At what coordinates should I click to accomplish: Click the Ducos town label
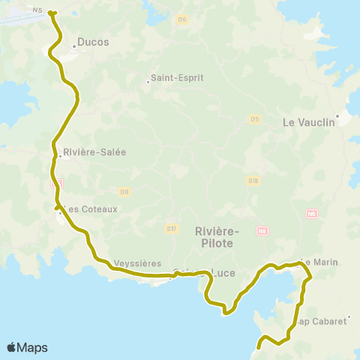94,43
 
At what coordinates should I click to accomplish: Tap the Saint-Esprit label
178,76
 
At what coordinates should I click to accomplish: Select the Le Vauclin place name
307,122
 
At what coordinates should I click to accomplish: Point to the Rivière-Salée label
95,151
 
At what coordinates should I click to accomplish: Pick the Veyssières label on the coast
138,264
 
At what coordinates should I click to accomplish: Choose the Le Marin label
320,262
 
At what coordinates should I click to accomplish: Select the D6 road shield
181,19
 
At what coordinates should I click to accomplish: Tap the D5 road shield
255,119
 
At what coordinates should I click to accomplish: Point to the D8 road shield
124,192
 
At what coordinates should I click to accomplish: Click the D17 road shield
172,228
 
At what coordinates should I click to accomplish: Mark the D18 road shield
253,180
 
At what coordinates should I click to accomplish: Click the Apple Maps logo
27,347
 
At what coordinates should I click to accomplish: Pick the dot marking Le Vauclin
338,115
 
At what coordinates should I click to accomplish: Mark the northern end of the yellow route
52,12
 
